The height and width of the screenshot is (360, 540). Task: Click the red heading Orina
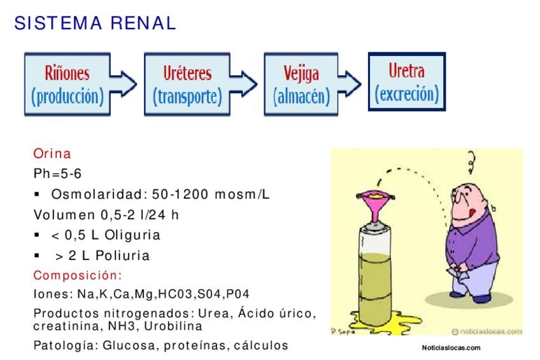click(x=52, y=154)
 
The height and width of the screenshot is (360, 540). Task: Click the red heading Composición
click(x=77, y=275)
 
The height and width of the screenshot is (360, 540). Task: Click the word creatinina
click(x=61, y=326)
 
